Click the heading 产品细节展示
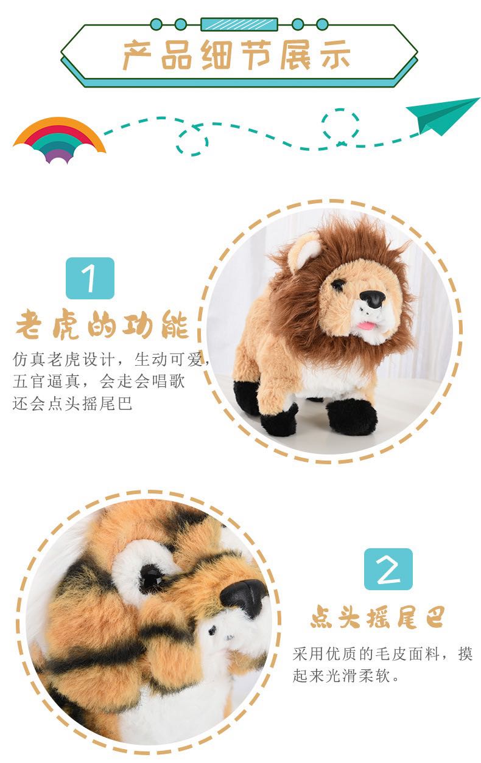pos(237,55)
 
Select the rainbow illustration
pos(59,140)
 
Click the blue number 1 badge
pos(90,278)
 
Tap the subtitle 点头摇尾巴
pos(377,617)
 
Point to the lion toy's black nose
pos(373,299)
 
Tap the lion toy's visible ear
pos(303,249)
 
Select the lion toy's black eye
pos(337,285)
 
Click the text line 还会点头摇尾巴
pos(72,403)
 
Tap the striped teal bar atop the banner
pos(239,24)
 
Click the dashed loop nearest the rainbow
pos(192,141)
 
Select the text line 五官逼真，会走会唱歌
pos(99,381)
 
